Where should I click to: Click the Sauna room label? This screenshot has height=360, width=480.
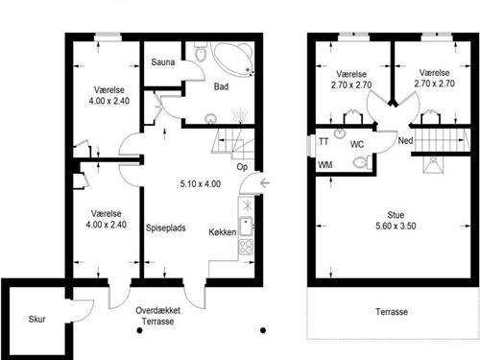point(163,62)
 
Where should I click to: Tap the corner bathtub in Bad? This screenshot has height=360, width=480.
point(234,60)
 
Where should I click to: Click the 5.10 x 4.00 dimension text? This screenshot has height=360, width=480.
point(201,184)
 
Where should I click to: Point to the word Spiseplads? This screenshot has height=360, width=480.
point(166,228)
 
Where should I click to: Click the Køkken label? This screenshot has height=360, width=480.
point(223,232)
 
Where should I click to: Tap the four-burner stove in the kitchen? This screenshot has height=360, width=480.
point(246,247)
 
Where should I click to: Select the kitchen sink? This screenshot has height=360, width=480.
point(246,227)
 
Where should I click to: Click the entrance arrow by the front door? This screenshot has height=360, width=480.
point(265,183)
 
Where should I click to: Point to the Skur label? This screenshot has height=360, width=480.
point(36,319)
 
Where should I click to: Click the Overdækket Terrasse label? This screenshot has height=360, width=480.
point(157,316)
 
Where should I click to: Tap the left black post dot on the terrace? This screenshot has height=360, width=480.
point(139,330)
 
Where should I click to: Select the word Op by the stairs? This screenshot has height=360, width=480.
point(242,167)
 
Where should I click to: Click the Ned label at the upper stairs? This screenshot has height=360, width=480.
point(405,140)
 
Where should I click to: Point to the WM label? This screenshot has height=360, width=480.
point(325,165)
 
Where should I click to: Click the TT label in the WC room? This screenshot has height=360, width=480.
point(324,141)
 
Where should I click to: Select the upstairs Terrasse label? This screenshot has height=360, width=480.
point(392,312)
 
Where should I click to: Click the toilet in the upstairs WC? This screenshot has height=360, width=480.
point(362,162)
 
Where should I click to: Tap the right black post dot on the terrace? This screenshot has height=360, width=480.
point(263,330)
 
